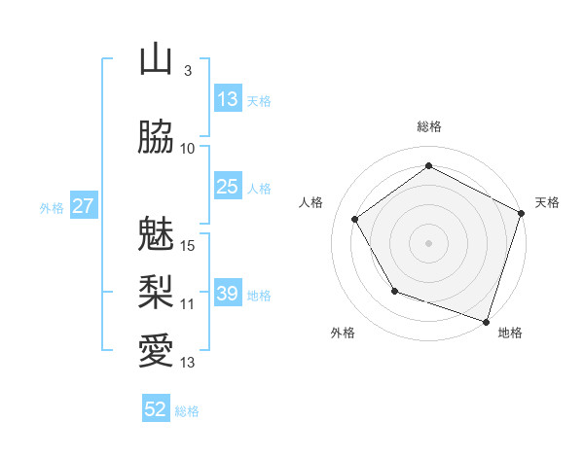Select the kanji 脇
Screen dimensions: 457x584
point(156,138)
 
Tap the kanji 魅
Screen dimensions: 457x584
point(156,234)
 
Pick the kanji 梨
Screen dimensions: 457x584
point(156,291)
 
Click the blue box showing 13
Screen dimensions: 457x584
point(228,99)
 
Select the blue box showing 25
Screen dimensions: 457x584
point(228,187)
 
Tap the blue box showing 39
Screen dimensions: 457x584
point(228,294)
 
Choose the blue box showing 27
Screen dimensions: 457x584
point(84,206)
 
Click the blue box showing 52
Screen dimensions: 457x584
point(156,409)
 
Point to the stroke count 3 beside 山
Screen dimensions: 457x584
point(188,72)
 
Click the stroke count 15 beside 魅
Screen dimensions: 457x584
point(189,245)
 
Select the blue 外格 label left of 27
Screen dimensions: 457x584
point(52,207)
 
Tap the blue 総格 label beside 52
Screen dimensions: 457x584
point(187,411)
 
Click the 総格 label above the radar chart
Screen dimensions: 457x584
point(429,126)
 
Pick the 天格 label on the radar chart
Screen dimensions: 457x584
point(547,202)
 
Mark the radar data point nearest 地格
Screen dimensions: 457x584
point(486,321)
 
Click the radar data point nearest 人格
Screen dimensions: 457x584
point(355,219)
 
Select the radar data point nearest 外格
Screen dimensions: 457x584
point(394,291)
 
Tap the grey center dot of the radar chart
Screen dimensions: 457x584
point(429,242)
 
